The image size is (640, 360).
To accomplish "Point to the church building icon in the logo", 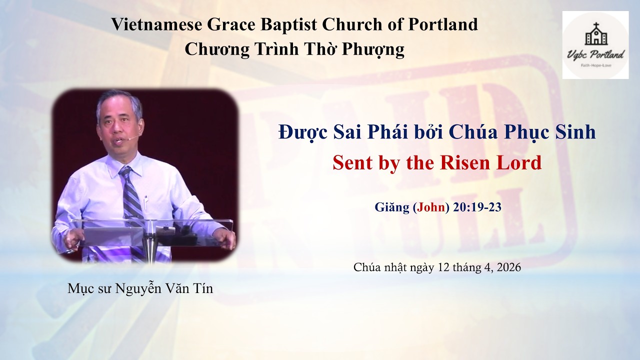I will click(x=595, y=35).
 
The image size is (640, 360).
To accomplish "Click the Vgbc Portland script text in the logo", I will click(x=595, y=53).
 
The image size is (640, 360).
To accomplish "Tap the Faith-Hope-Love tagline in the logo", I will click(x=595, y=65).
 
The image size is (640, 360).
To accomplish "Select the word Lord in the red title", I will click(x=522, y=162).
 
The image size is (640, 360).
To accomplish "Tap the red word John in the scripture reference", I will click(x=431, y=207).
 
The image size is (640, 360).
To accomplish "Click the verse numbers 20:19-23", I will click(x=476, y=207).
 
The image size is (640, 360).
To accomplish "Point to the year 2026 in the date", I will click(x=508, y=267).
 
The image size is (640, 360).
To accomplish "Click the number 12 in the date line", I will click(x=443, y=267).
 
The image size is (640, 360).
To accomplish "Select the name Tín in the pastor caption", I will click(x=202, y=288).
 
